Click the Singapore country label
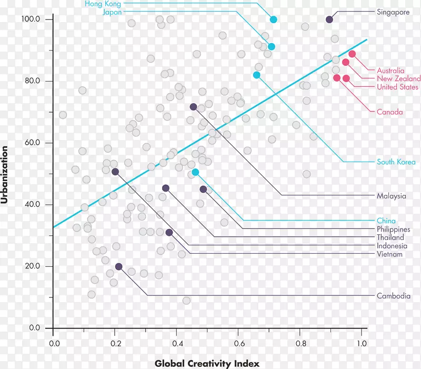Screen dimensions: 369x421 click(x=393, y=12)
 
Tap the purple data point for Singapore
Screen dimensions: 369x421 click(x=329, y=19)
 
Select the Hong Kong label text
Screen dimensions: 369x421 click(x=103, y=4)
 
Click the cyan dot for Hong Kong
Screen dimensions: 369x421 click(x=274, y=19)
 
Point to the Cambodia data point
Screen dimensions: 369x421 click(x=119, y=267)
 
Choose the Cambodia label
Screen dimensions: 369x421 click(x=393, y=296)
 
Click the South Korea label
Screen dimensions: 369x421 click(x=396, y=162)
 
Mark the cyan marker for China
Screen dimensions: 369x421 click(x=196, y=172)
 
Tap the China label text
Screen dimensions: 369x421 click(x=386, y=221)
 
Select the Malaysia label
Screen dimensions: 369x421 click(x=391, y=196)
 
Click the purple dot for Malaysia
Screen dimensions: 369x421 click(x=193, y=107)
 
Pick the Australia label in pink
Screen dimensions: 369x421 click(x=390, y=71)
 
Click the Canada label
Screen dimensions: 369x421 click(x=389, y=112)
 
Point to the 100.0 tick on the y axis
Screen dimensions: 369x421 click(x=31, y=19)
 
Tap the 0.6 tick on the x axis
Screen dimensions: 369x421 click(x=238, y=344)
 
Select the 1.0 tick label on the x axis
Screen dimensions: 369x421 click(x=361, y=344)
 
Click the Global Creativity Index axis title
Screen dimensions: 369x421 click(x=207, y=363)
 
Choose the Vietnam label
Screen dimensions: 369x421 click(x=389, y=254)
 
